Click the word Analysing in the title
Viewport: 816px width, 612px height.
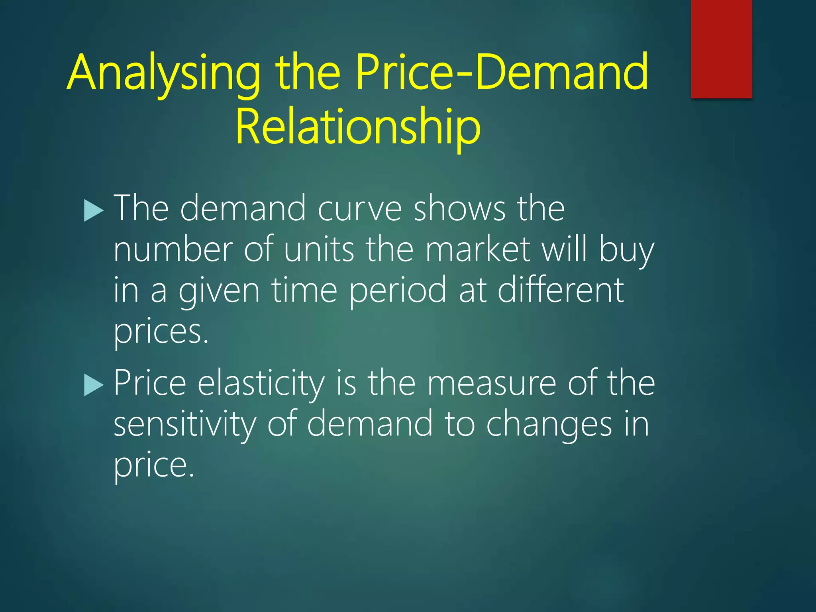[163, 74]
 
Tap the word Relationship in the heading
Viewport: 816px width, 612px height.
[358, 127]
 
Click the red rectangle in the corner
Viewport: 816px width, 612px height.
[721, 49]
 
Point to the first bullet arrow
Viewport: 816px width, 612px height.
[94, 210]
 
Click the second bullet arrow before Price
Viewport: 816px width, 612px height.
[94, 385]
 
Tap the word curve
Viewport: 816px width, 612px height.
[359, 209]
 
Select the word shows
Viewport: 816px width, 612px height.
[459, 209]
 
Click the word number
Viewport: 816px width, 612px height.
[172, 250]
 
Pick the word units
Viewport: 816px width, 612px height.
[319, 250]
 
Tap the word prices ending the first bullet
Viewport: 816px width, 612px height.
[161, 333]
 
